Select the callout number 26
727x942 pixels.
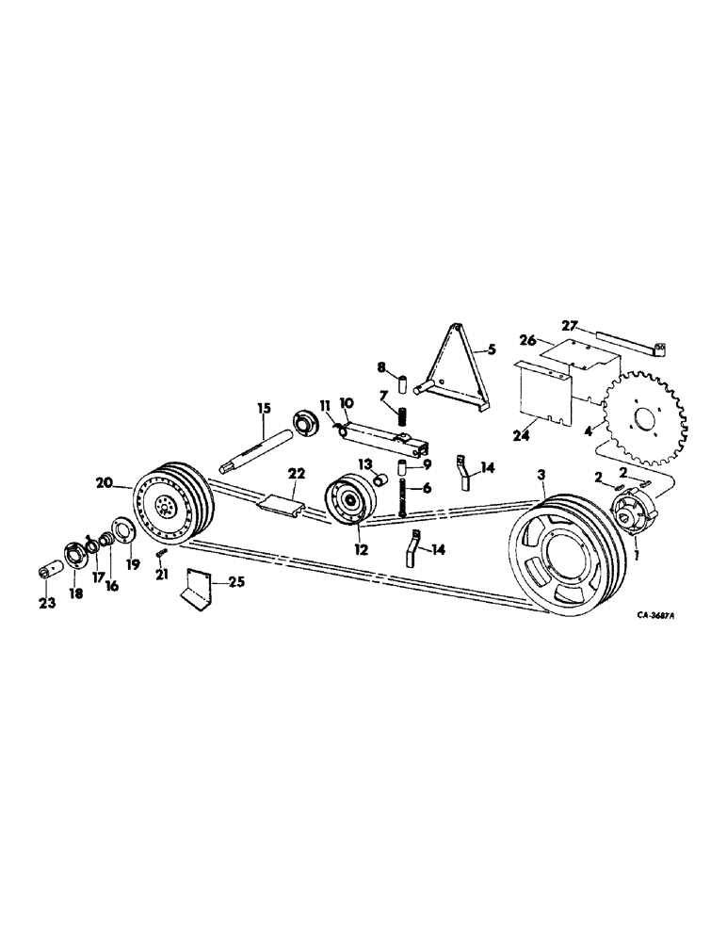click(x=526, y=340)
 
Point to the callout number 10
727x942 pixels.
click(x=346, y=402)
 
